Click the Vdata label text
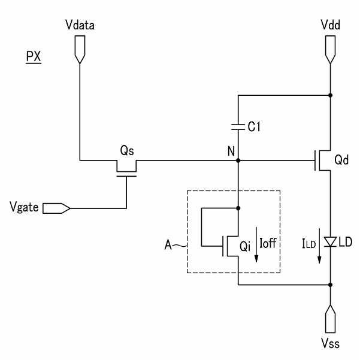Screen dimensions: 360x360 coord(80,25)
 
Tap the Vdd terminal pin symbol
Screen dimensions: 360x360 coord(331,49)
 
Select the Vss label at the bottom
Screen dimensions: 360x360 coord(331,344)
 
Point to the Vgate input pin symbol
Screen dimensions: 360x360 coord(56,208)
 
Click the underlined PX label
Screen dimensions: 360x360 coord(34,57)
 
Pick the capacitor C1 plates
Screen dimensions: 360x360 coord(238,127)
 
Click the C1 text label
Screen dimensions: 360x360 coord(254,126)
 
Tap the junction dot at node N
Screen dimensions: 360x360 coord(238,161)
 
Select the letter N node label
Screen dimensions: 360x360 coord(231,152)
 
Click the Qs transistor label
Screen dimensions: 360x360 coord(127,150)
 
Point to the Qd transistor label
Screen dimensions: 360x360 coord(341,159)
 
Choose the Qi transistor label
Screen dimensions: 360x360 coord(245,246)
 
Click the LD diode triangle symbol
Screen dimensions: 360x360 coord(331,242)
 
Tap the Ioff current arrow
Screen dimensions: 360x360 coord(256,244)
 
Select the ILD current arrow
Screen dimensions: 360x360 coord(319,246)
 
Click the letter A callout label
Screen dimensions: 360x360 coord(168,245)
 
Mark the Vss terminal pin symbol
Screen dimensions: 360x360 coord(331,319)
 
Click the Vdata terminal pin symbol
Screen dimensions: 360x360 coord(80,49)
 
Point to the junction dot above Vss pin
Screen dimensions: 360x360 coord(331,285)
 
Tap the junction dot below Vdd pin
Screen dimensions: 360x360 coord(331,95)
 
